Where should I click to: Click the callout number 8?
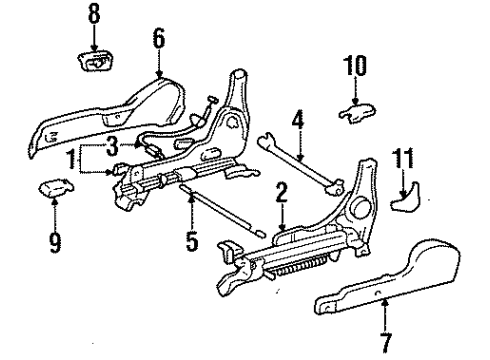(x=93, y=16)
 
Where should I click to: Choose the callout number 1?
(x=71, y=160)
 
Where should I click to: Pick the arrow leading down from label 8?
(x=93, y=38)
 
